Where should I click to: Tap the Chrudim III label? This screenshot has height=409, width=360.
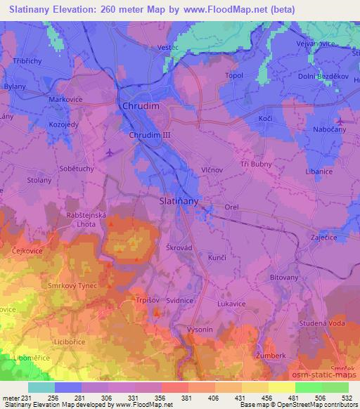(x=150, y=133)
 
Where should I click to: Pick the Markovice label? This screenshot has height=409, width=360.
(x=65, y=100)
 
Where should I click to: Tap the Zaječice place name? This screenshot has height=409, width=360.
(x=326, y=238)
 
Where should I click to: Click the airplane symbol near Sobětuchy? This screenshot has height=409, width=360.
(x=108, y=151)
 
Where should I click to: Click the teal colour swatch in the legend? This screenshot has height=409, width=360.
(x=41, y=387)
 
